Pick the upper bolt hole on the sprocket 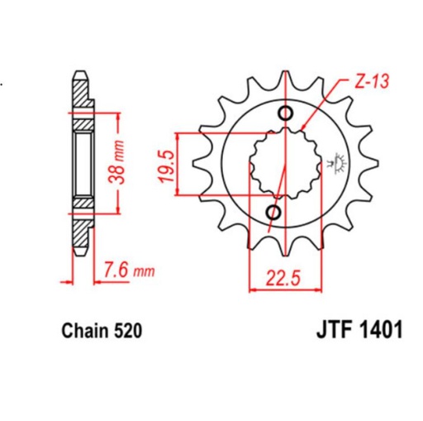(x=287, y=114)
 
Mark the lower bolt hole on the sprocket (x=273, y=213)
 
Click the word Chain (x=84, y=332)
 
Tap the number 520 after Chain (x=129, y=332)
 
